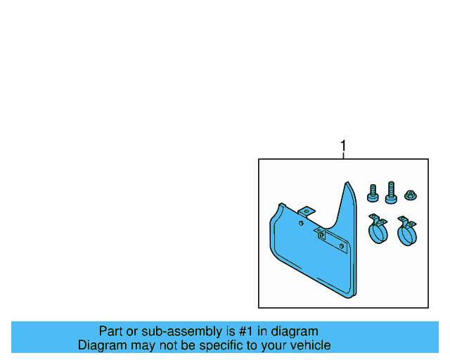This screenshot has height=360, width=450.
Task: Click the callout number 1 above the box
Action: [x=343, y=146]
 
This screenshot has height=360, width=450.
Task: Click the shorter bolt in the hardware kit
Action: [x=373, y=191]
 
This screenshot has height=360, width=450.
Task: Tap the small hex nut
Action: [x=410, y=193]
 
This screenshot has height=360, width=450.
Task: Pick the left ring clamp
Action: [x=378, y=231]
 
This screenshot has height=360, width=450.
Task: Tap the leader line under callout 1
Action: [x=343, y=155]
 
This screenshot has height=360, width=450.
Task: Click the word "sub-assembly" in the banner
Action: [x=162, y=331]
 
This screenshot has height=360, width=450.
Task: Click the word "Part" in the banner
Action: [x=111, y=331]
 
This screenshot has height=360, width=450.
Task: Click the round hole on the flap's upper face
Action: [x=301, y=224]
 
